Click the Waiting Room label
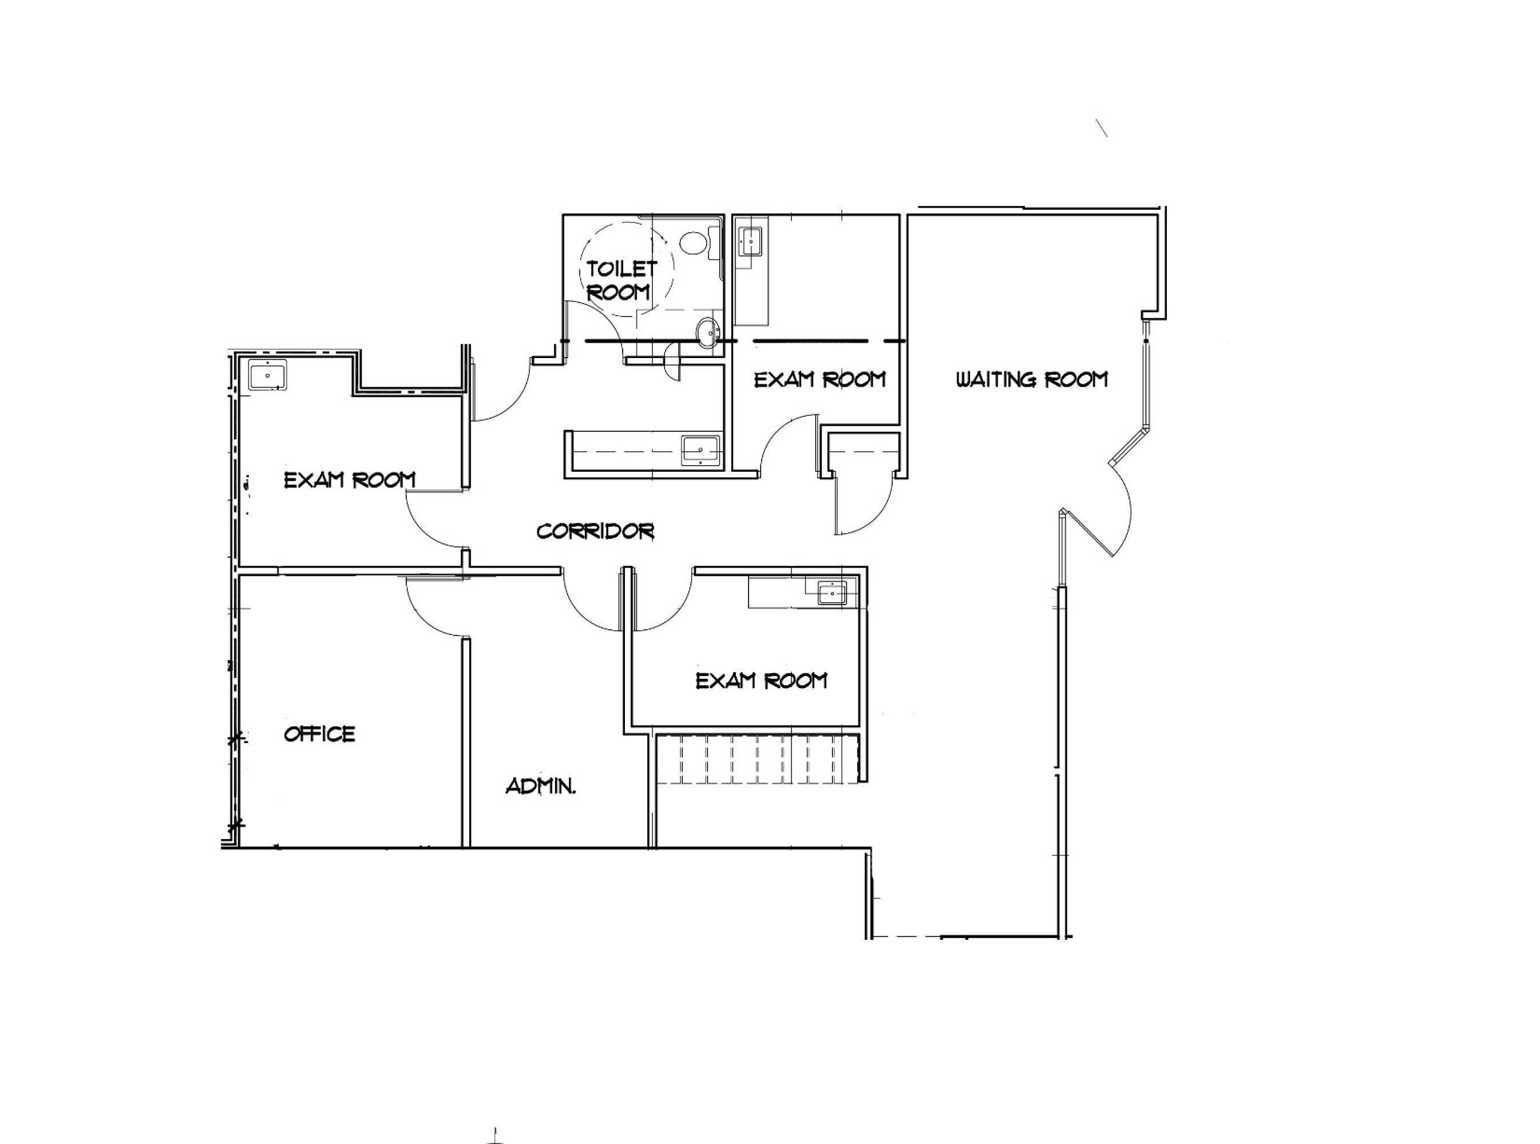[1031, 379]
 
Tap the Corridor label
[595, 531]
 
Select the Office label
[319, 734]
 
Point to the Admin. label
[540, 786]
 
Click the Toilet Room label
[621, 280]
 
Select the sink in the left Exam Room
[268, 375]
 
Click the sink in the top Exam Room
[750, 241]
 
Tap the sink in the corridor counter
[700, 450]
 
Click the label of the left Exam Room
[350, 480]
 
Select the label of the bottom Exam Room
[761, 681]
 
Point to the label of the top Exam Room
[820, 379]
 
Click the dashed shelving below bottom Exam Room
[757, 760]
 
